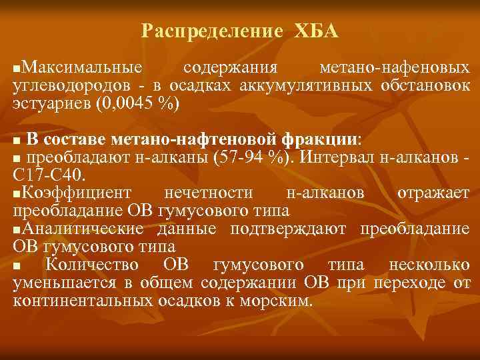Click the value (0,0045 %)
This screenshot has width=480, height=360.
[x=138, y=105]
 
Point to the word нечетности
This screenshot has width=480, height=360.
[x=218, y=193]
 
